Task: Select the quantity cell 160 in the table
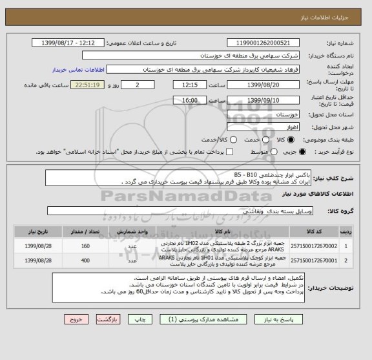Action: (x=86, y=246)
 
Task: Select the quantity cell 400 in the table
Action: (x=86, y=261)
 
